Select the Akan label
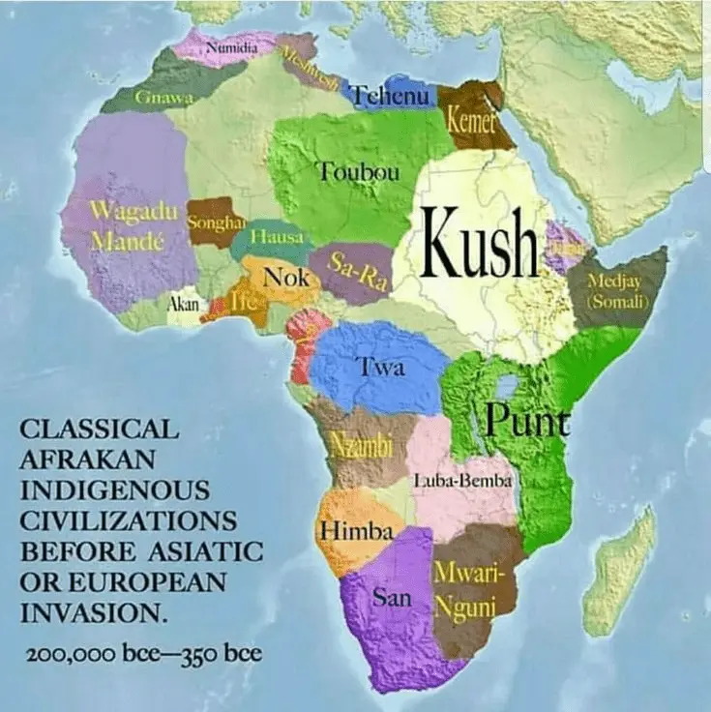click(x=184, y=305)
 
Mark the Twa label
click(x=381, y=367)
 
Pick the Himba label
click(x=355, y=531)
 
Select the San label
click(x=392, y=599)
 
